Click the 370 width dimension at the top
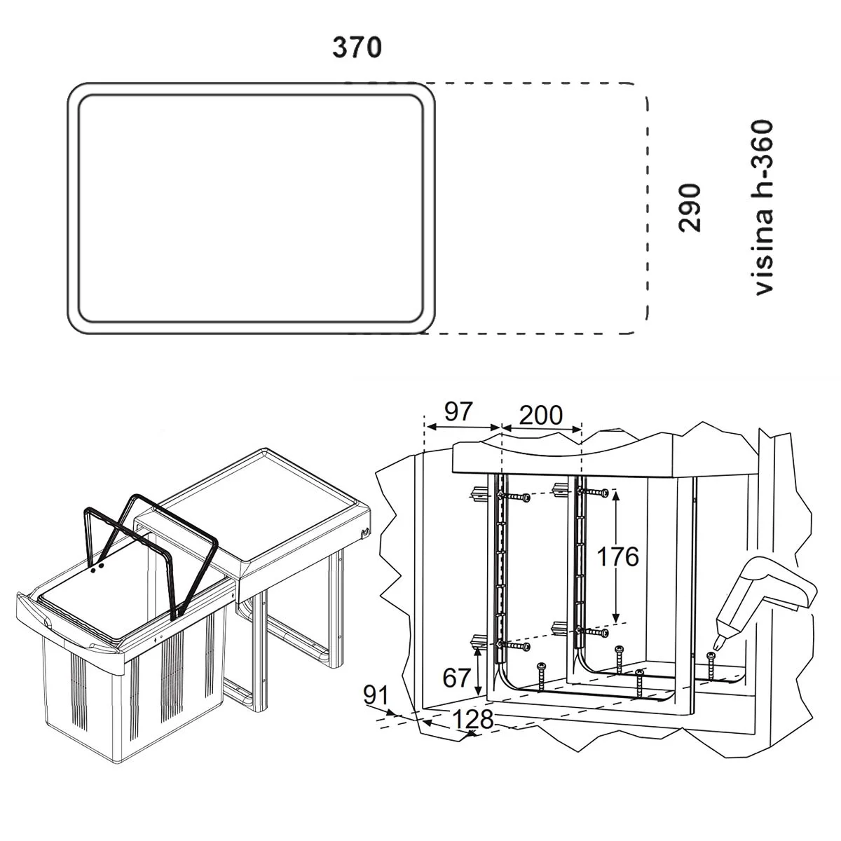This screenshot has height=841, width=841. coord(357,48)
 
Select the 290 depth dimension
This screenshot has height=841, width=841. coord(690,207)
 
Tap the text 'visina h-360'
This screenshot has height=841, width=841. coord(763,207)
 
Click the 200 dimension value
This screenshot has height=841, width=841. coord(541,415)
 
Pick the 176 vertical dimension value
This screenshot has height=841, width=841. coord(617,556)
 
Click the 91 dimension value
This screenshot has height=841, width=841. coord(376,697)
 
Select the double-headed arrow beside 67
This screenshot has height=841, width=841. coord(478,669)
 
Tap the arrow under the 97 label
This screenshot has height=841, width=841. coord(462,426)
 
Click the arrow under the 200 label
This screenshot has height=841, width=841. coord(542,428)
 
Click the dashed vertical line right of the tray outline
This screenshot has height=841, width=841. coord(647,210)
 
